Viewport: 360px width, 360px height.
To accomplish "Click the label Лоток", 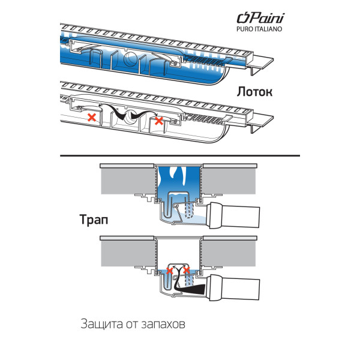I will [x=254, y=92].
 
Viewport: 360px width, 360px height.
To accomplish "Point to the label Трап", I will [x=95, y=219].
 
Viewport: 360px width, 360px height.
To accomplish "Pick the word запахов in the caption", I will [x=161, y=325].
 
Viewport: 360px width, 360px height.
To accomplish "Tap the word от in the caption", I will [x=131, y=325].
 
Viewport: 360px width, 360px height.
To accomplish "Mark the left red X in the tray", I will [x=91, y=118].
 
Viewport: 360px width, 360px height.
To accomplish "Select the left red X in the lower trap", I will [x=170, y=271].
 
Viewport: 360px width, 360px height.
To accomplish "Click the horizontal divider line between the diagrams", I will [x=180, y=155].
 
